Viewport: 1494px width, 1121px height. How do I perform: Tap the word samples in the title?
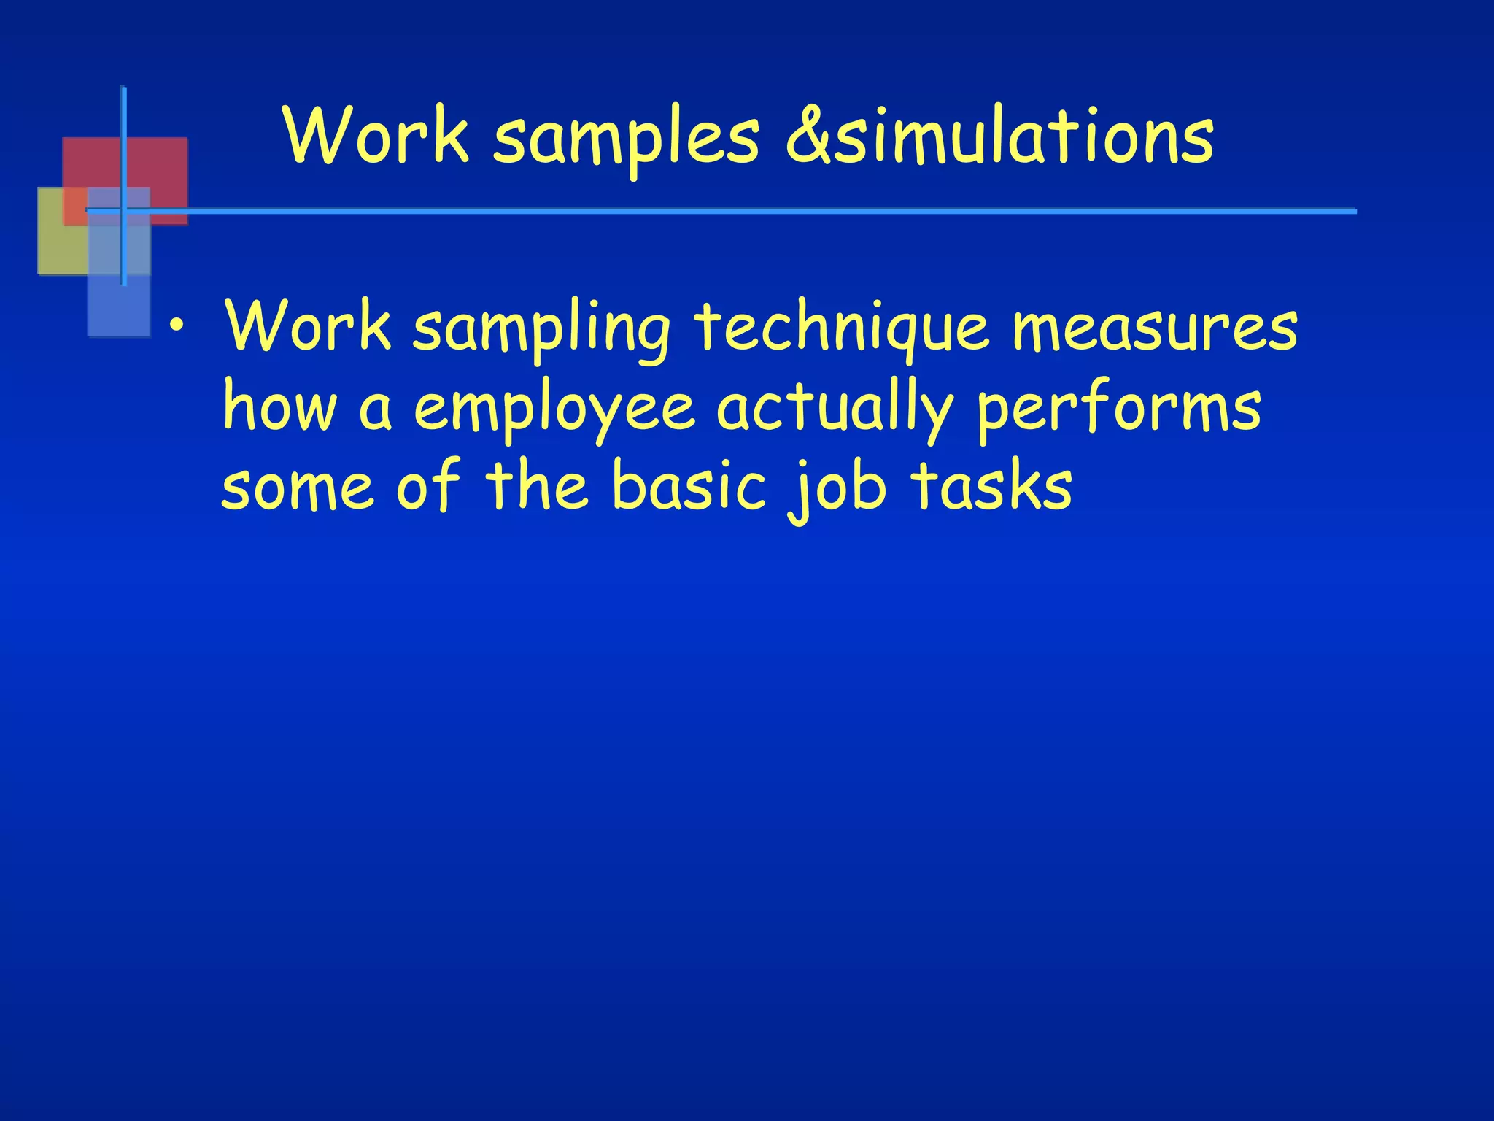[626, 139]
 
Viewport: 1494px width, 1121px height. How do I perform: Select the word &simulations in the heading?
[999, 135]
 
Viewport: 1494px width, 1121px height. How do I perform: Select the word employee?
[554, 410]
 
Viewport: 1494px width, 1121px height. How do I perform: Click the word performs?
[1119, 410]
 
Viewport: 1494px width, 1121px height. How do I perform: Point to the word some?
[298, 488]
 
